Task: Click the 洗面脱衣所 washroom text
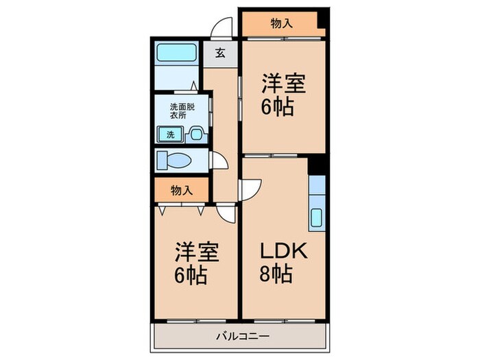pos(178,110)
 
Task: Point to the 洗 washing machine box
pos(169,134)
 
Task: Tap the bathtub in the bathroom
pos(176,53)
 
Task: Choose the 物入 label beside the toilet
pos(181,191)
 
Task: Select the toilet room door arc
pos(219,162)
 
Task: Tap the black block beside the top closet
pos(323,23)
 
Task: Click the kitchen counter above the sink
pos(317,189)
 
